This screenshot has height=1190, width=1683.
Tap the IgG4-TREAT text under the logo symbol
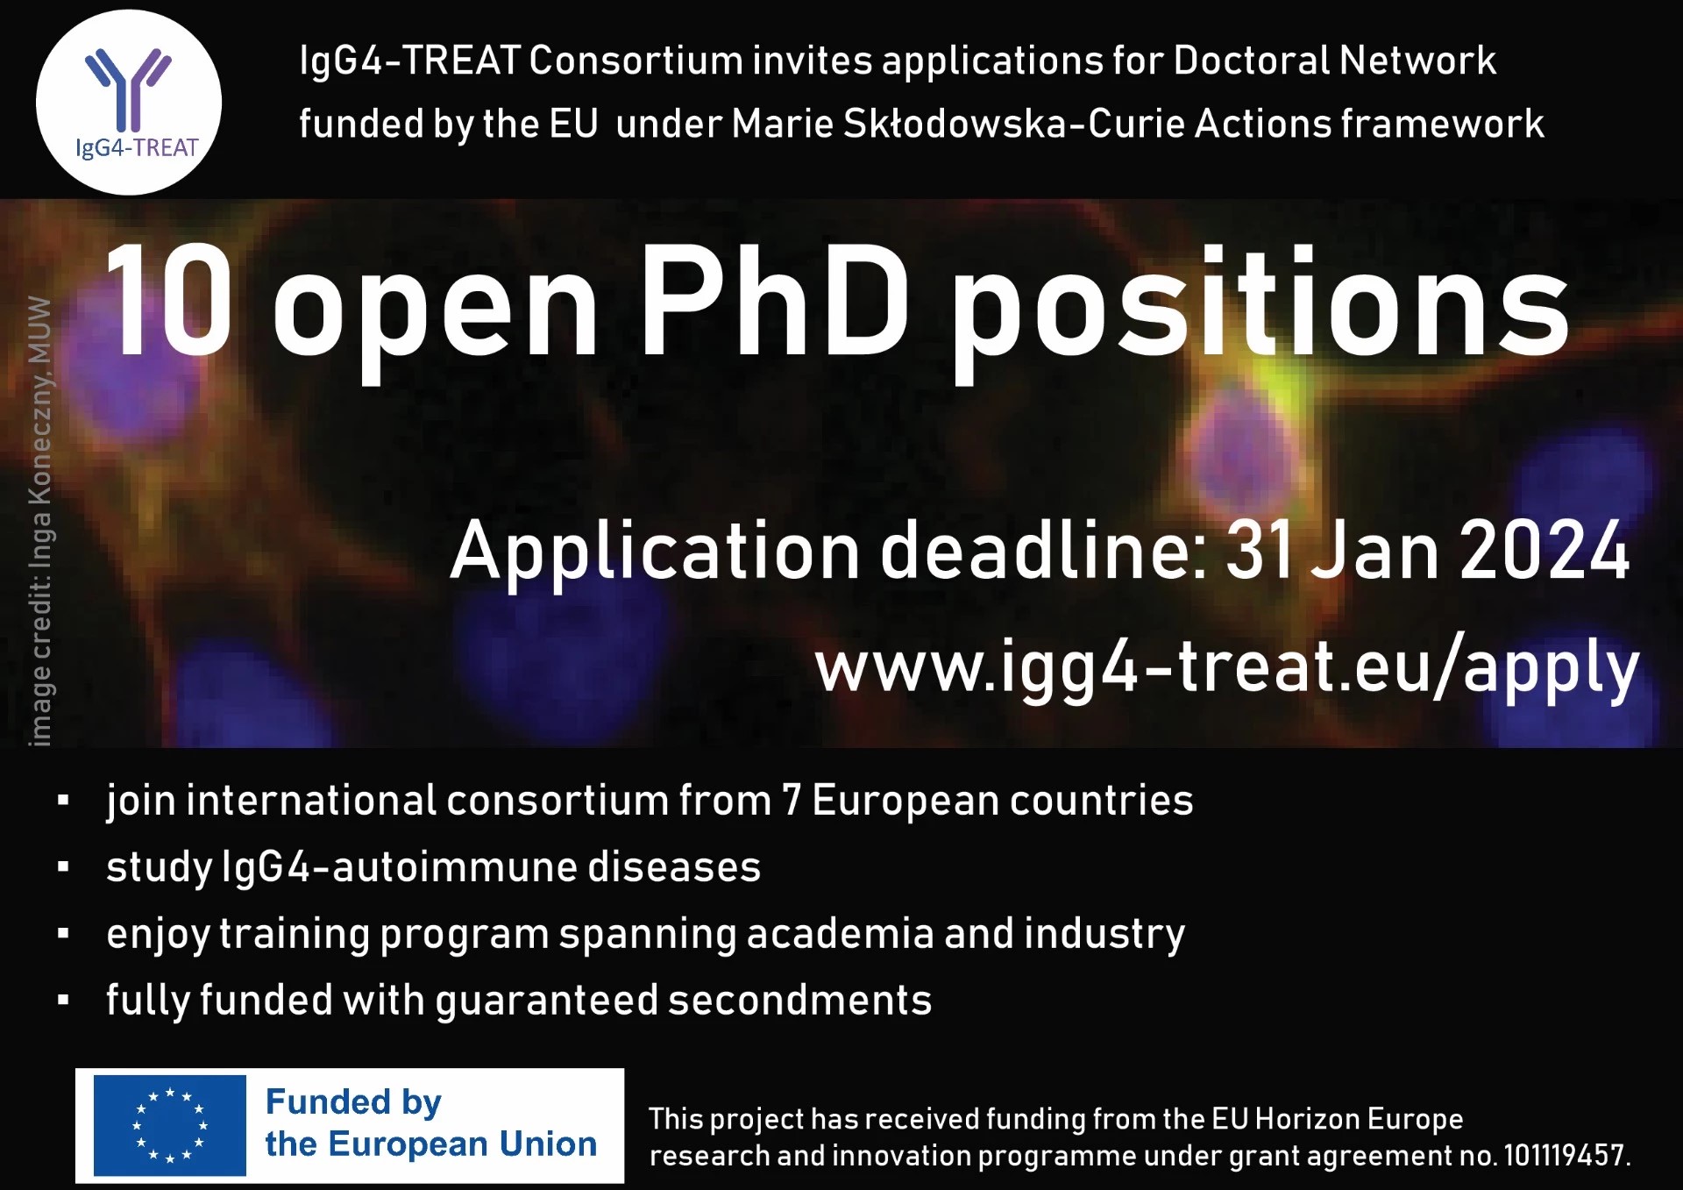pyautogui.click(x=137, y=148)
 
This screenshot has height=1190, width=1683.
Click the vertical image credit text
pyautogui.click(x=39, y=522)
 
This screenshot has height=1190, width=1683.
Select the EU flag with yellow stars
pyautogui.click(x=169, y=1125)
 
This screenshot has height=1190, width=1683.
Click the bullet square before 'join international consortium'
pyautogui.click(x=62, y=800)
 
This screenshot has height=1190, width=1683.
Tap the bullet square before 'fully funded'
pyautogui.click(x=62, y=999)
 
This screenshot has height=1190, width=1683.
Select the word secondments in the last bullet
pyautogui.click(x=800, y=1000)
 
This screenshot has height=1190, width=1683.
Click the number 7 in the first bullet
pyautogui.click(x=792, y=801)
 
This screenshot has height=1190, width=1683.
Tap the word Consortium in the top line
pyautogui.click(x=636, y=61)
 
